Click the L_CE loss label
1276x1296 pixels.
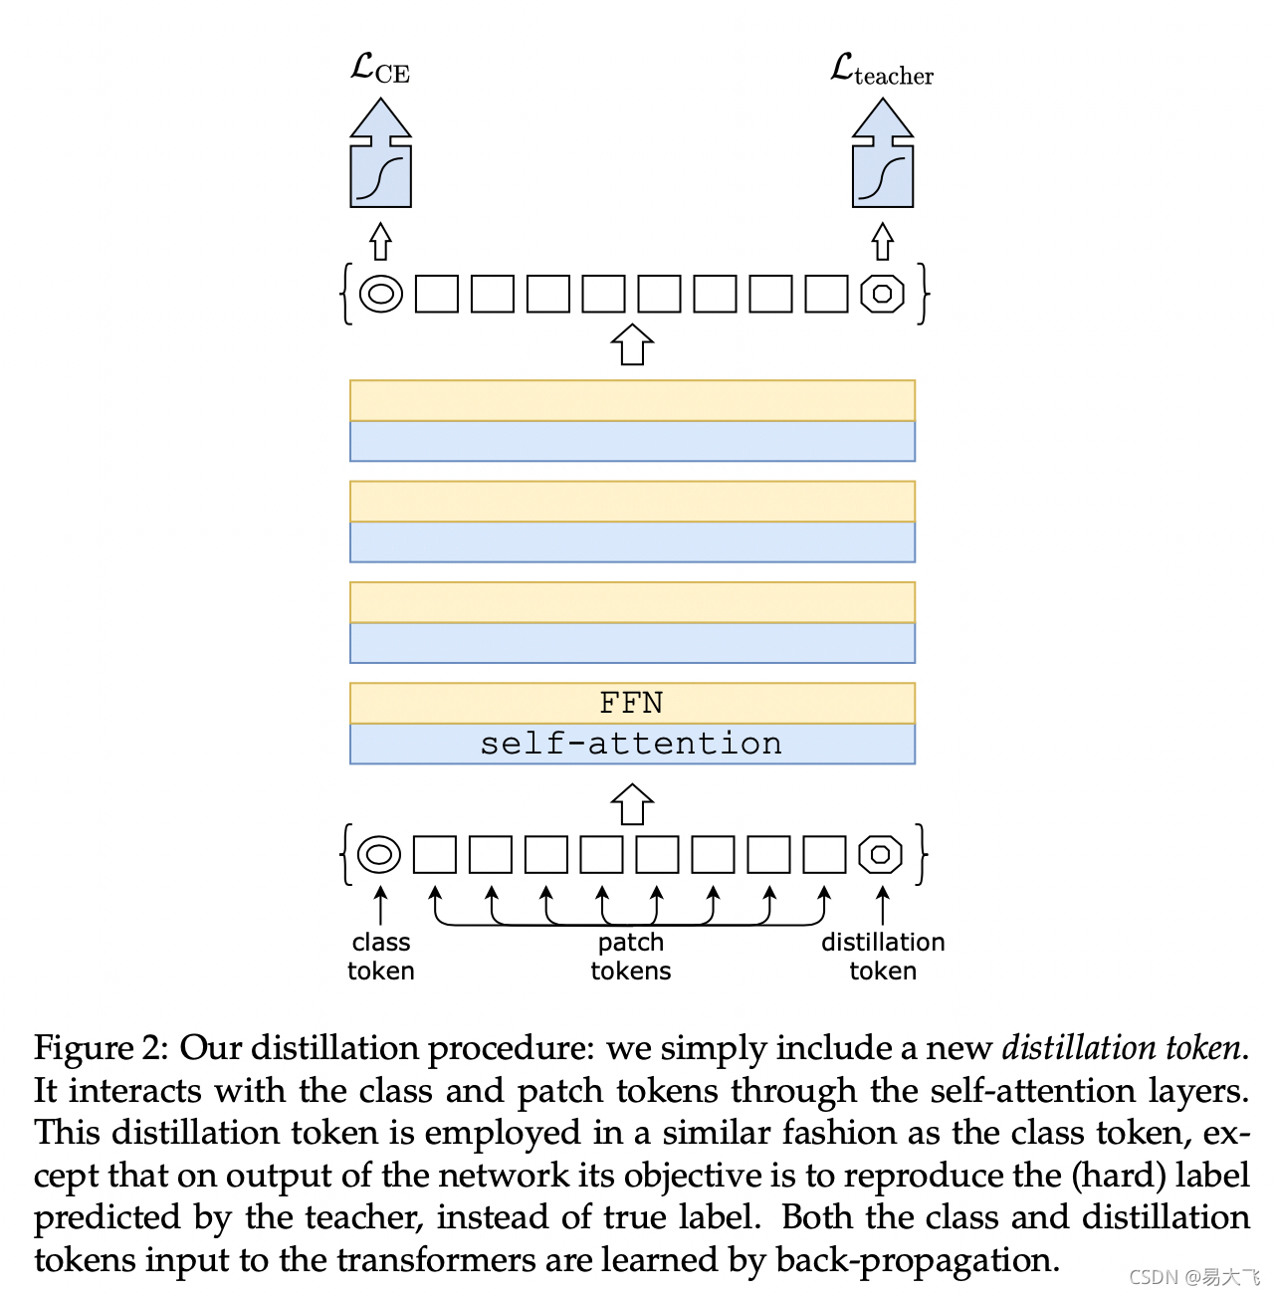tap(380, 69)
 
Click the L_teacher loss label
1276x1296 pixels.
tap(882, 71)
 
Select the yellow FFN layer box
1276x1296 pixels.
tap(632, 703)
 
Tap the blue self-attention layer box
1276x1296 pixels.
tap(632, 744)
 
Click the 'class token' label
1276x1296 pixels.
tap(380, 956)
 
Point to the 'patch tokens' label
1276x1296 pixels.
tap(631, 956)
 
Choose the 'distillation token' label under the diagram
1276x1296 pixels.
tap(883, 956)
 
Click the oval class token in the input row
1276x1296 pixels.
tap(379, 854)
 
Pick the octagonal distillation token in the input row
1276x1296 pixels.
tap(881, 854)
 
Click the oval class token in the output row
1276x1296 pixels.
tap(380, 294)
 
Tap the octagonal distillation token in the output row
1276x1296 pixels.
tap(882, 294)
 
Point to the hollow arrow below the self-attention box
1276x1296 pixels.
tap(632, 804)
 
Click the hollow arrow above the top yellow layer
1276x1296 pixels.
tap(632, 344)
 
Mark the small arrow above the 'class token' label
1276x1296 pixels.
tap(380, 906)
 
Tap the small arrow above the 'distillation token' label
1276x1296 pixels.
tap(883, 906)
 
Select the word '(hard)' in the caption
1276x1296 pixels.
tap(1118, 1176)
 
